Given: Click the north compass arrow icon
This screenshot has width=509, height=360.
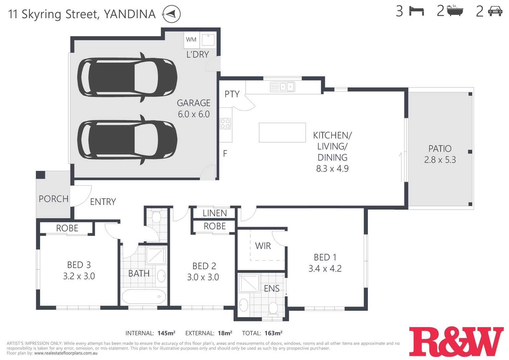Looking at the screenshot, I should pos(171,14).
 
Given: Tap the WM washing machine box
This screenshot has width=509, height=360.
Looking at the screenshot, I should pos(191,39).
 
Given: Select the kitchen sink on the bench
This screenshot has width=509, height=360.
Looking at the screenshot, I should pos(282,87).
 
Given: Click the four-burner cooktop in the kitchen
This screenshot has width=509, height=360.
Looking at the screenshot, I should pos(225,124).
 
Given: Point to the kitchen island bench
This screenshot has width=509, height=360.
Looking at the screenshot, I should pos(282,132).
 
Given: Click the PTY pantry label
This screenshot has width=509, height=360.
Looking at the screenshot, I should pos(232,94).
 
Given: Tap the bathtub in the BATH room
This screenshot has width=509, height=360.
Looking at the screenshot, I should pos(144,296).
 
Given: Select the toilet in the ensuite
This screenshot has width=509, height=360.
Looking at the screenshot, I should pos(273,308).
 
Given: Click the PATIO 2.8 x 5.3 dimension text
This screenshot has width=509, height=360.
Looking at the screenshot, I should pos(440,160).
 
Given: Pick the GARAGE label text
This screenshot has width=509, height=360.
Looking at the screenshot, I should pos(193,103).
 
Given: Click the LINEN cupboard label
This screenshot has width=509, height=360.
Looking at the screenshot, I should pos(215,213).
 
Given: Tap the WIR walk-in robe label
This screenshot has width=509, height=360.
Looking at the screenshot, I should pos(263,246).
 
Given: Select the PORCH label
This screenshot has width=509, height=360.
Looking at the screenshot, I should pos(53,199).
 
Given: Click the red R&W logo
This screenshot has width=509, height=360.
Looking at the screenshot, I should pos(456,341).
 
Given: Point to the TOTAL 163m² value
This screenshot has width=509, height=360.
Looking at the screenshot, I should pos(273,333).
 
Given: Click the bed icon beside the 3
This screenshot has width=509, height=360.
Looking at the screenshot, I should pos(416,11).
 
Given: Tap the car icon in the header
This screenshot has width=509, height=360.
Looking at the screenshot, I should pos(495,11).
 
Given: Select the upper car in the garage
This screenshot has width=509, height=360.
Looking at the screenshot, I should pos(127,77).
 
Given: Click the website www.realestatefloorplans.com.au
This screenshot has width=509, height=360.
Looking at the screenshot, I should pos(66,353).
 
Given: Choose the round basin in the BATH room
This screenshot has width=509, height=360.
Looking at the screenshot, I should pos(161,276).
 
